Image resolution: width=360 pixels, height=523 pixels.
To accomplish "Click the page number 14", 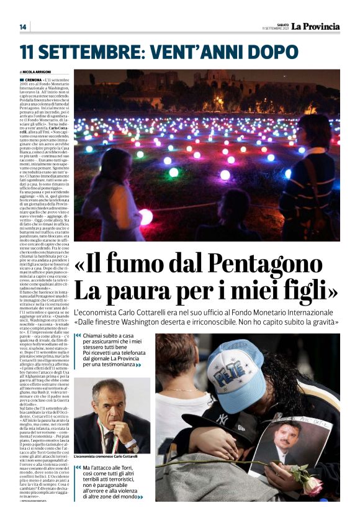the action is (x=23, y=27).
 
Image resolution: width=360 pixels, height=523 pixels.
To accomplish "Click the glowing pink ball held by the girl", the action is (x=145, y=217).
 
